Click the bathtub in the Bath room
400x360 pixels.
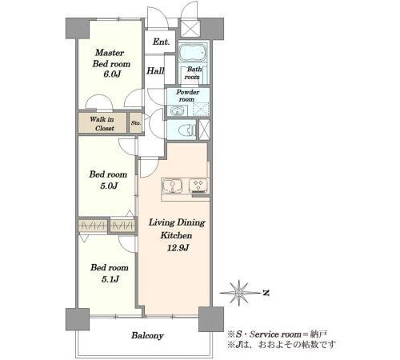click(193, 53)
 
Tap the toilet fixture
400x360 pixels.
click(189, 130)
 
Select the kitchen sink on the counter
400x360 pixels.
click(172, 186)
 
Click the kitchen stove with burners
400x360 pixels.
click(198, 186)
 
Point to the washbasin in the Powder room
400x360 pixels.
click(176, 110)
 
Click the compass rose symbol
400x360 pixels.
click(239, 293)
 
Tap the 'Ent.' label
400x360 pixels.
click(161, 42)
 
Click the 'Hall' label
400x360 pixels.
click(155, 70)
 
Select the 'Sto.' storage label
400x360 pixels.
click(136, 123)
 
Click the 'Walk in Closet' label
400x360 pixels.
click(102, 123)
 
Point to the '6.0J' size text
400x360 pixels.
click(112, 74)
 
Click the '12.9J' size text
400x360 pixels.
click(178, 248)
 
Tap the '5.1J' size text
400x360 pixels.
click(110, 279)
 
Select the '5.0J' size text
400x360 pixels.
click(109, 186)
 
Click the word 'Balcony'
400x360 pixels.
click(147, 335)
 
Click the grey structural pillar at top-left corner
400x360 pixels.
click(77, 28)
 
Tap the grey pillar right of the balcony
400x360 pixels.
click(211, 319)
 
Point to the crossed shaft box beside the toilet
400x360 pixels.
click(205, 130)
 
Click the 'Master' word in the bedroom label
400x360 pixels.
click(110, 53)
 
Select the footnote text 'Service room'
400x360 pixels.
click(275, 334)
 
